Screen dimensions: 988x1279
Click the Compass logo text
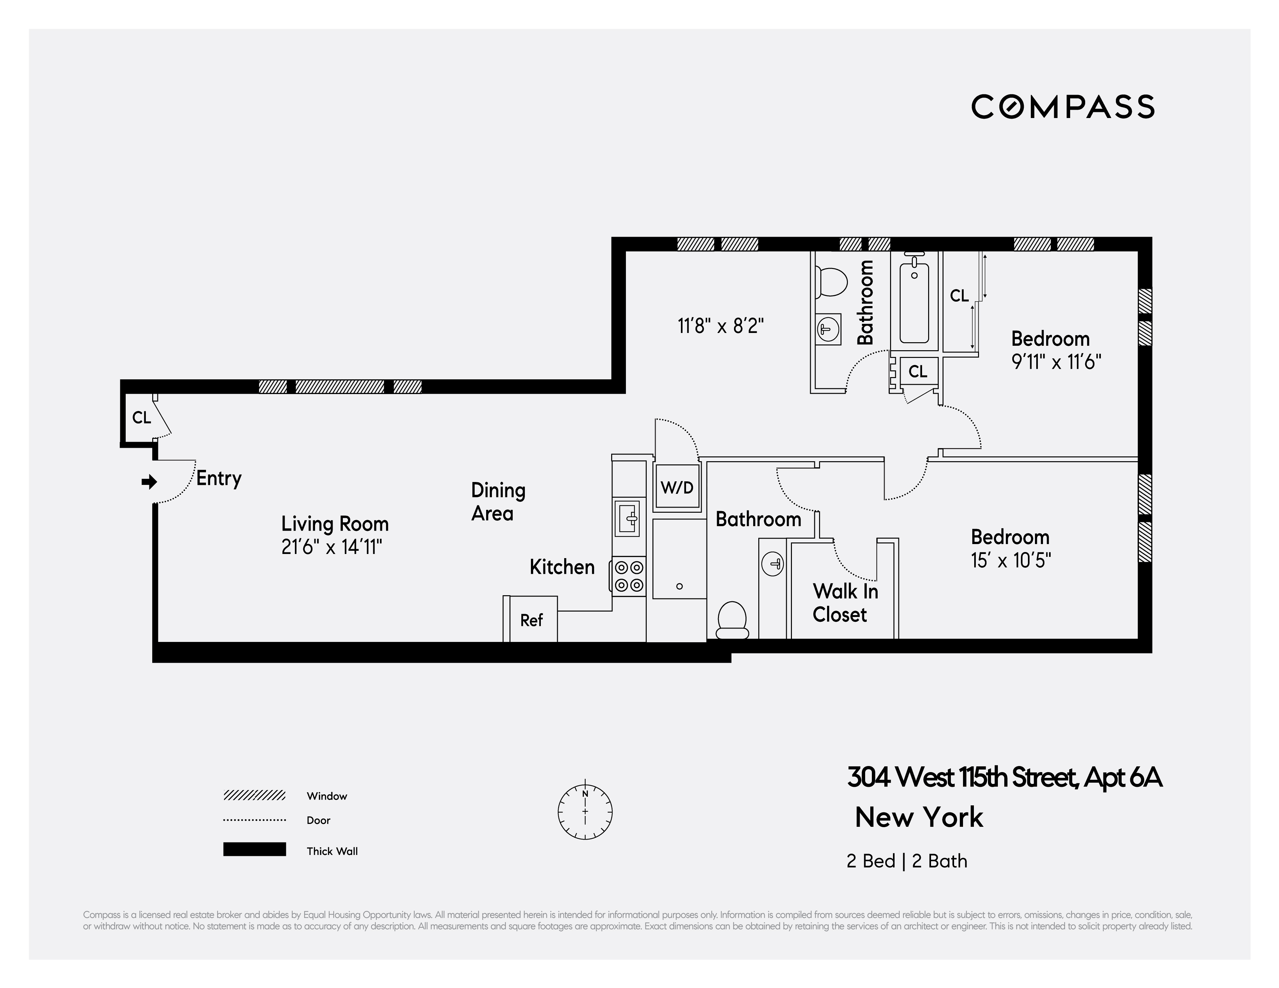[x=1062, y=107]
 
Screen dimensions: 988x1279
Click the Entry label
[x=218, y=478]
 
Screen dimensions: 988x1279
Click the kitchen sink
[x=627, y=518]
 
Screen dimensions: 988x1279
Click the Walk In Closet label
[x=844, y=603]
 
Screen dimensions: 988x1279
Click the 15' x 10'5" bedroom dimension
[x=1011, y=560]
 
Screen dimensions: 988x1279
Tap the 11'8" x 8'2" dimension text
[x=720, y=326]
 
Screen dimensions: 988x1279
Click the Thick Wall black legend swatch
[x=254, y=849]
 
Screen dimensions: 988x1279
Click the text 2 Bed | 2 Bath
[x=906, y=861]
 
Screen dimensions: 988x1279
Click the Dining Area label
[x=498, y=501]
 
